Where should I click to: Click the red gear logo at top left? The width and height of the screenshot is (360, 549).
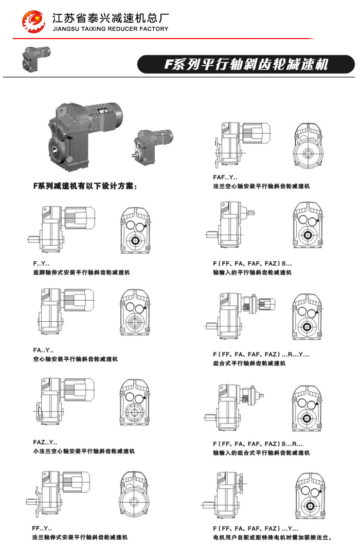33,21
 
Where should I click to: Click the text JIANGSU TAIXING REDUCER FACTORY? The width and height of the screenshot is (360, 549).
111,29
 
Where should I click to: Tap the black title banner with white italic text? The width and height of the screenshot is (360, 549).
246,64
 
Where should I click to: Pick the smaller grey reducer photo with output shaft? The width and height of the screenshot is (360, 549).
153,147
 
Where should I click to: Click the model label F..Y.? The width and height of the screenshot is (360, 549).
41,263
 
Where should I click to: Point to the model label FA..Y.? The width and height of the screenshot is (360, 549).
43,350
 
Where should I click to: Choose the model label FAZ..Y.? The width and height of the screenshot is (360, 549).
45,442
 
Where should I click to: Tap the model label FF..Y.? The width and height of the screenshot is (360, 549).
42,528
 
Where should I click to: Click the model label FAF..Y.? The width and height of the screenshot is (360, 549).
225,177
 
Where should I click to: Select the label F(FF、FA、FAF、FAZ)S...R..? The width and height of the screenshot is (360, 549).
258,444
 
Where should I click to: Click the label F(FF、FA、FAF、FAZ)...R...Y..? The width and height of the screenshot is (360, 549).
261,354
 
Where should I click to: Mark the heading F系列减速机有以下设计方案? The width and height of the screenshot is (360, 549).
85,186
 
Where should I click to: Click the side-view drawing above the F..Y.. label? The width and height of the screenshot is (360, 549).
61,229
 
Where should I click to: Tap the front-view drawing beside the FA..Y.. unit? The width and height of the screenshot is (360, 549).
135,312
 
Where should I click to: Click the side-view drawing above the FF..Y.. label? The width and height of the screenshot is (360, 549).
58,493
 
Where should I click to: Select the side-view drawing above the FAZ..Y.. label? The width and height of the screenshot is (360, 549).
64,401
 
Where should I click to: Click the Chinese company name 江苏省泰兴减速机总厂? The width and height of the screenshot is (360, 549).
111,18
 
